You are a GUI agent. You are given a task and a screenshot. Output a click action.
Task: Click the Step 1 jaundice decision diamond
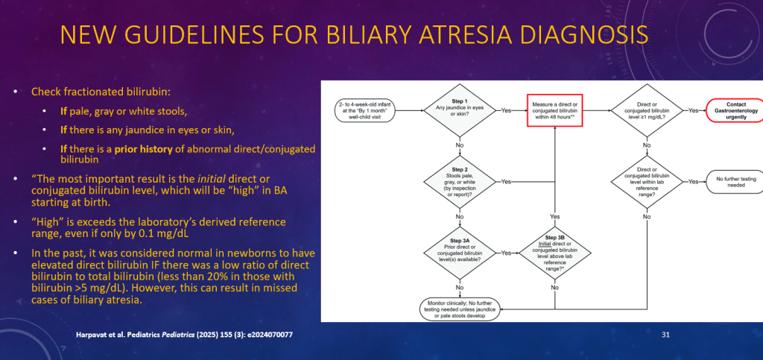460,110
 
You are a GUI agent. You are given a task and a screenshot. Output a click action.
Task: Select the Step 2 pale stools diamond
460,181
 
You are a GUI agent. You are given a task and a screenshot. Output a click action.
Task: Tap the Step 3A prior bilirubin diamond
460,252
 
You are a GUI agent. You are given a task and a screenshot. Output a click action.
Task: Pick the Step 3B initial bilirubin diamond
554,252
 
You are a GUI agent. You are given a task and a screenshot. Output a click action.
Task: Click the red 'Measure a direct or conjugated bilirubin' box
554,110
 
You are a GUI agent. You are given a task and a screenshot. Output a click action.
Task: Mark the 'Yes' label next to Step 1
506,110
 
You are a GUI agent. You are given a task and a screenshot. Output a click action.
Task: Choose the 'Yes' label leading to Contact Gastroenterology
694,110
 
